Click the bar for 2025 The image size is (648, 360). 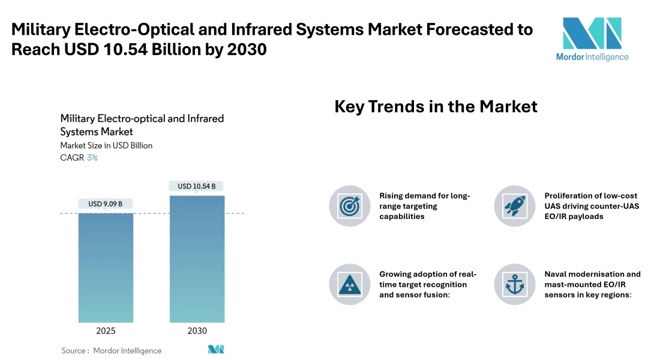tap(106, 268)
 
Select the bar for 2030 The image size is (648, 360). tap(197, 259)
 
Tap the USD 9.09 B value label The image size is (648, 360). tap(106, 204)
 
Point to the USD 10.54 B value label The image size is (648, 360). tap(197, 186)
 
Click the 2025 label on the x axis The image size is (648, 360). tap(106, 331)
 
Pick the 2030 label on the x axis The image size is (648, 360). tap(197, 331)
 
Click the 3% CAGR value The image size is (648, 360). tap(92, 158)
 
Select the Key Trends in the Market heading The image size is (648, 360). tap(436, 107)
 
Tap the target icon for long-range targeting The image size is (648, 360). tap(350, 206)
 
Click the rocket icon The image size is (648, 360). tap(515, 206)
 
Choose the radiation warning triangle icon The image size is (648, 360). tap(350, 284)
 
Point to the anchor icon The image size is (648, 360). tap(515, 284)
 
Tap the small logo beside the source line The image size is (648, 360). tap(216, 350)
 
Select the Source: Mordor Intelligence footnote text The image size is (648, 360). tap(112, 350)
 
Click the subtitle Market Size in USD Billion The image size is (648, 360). tap(106, 146)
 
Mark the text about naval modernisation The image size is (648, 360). tap(592, 284)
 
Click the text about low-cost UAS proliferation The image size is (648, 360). tap(592, 206)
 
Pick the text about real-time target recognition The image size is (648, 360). tap(428, 284)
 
